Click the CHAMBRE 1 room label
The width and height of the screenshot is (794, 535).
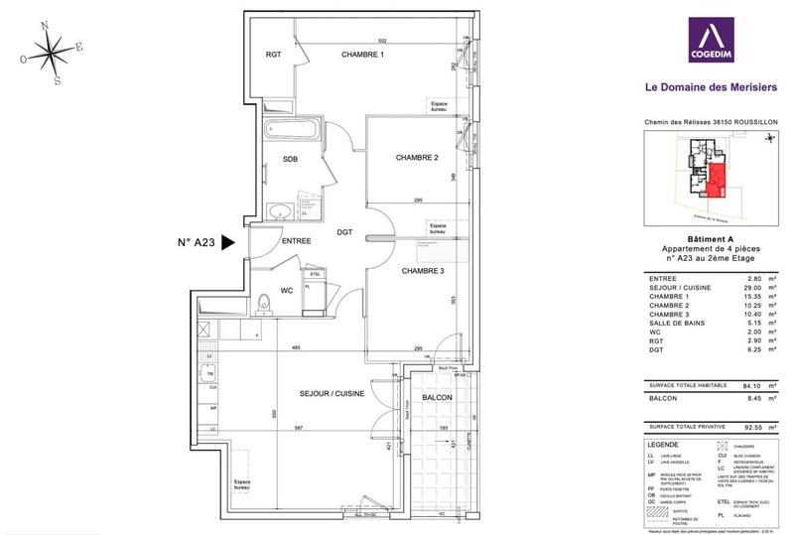pos(362,54)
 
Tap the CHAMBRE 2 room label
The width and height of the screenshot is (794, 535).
pos(417,158)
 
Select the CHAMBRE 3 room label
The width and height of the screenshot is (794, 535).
pos(423,270)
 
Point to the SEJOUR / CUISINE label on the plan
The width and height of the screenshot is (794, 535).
pos(331,394)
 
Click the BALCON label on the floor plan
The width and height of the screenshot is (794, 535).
pos(437,397)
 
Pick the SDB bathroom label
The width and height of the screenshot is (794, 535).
pos(290,159)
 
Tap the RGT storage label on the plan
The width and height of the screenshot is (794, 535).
pos(274,55)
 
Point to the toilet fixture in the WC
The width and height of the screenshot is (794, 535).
pos(263,303)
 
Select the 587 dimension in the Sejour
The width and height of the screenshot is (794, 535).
pos(298,428)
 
